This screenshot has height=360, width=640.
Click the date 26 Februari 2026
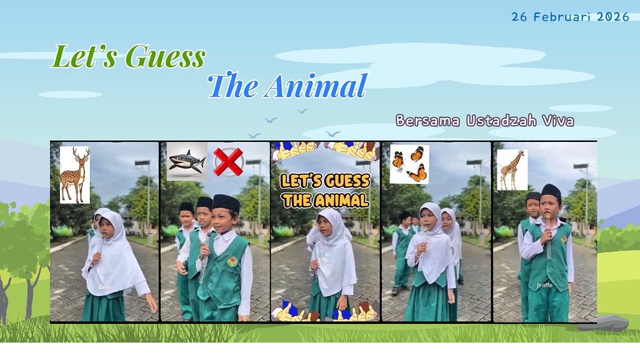coord(570,17)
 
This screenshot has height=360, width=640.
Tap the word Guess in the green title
coord(165,56)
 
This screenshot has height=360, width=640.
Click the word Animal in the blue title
coord(316,86)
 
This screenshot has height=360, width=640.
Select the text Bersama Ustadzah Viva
coord(484,121)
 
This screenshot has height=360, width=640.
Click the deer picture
coord(75,174)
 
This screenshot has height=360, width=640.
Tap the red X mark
coord(228,162)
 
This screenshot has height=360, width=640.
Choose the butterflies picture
coord(409,164)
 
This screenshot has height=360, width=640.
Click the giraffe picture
coord(512,170)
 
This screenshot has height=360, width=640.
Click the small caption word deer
coord(104,287)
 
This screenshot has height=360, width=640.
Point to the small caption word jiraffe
coord(544,285)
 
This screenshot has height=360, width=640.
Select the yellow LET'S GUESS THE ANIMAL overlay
coord(325,190)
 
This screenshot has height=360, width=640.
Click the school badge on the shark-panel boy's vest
coord(232,261)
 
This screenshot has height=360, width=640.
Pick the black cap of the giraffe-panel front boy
coord(551,191)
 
